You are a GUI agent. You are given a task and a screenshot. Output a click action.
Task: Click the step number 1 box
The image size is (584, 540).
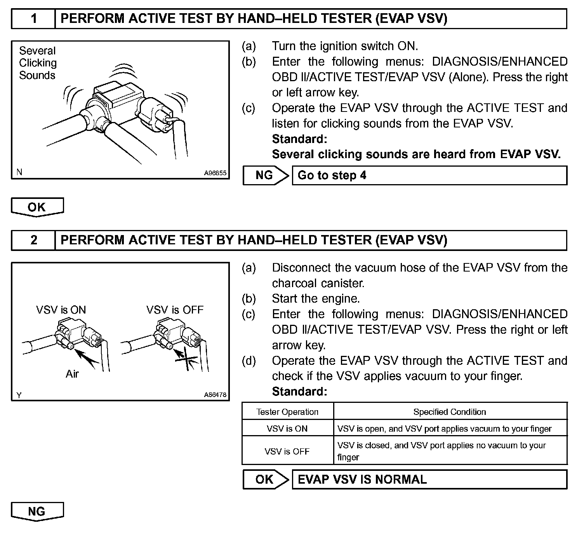coord(33,19)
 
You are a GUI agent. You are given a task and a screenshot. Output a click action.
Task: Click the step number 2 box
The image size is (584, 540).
coord(33,240)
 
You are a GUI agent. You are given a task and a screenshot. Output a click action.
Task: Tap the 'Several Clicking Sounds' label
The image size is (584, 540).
coord(38,63)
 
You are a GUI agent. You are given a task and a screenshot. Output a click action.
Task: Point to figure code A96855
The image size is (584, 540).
coord(215,173)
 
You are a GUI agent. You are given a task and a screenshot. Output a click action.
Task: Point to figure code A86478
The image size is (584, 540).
coord(215,395)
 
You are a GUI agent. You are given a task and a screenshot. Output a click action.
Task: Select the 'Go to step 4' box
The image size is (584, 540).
coord(429,176)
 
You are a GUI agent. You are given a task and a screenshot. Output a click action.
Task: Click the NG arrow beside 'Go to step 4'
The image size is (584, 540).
coord(266,176)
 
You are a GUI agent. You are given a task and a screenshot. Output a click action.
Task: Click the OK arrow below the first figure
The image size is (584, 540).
coord(37,207)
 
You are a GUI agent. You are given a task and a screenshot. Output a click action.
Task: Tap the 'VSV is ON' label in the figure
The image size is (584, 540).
coord(61,310)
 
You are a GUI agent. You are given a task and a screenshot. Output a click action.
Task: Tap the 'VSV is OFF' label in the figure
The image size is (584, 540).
coord(175,310)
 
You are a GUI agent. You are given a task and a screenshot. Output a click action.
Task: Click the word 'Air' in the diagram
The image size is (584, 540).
coord(72,374)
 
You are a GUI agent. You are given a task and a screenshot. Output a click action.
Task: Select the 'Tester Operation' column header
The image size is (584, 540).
coord(287,412)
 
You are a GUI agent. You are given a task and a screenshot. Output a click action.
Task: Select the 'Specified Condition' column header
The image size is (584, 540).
coord(450,412)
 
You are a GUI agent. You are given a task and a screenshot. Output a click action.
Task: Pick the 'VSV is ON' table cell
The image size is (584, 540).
coord(287,429)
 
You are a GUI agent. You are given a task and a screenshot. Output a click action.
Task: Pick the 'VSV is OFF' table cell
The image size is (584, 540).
coord(287,451)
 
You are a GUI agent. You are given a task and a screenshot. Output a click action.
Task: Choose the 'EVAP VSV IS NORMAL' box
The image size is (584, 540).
coord(429,479)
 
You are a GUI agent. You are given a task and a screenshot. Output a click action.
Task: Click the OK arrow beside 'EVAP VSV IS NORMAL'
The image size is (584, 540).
coord(266,479)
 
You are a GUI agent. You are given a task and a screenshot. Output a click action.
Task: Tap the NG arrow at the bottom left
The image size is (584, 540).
coord(37,511)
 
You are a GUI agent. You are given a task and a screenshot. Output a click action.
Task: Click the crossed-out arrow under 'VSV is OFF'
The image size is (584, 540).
coord(186,359)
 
